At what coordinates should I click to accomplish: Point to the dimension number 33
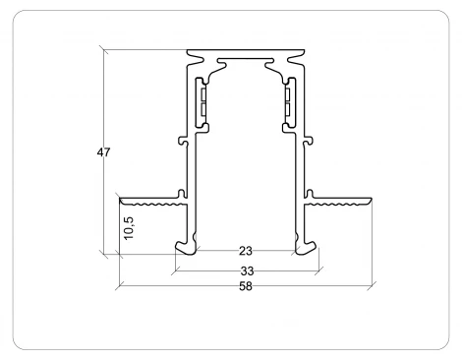(x=245, y=270)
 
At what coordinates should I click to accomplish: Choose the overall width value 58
(x=245, y=287)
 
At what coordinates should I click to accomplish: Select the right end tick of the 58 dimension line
(x=373, y=287)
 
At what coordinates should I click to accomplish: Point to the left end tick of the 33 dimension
(x=174, y=270)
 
